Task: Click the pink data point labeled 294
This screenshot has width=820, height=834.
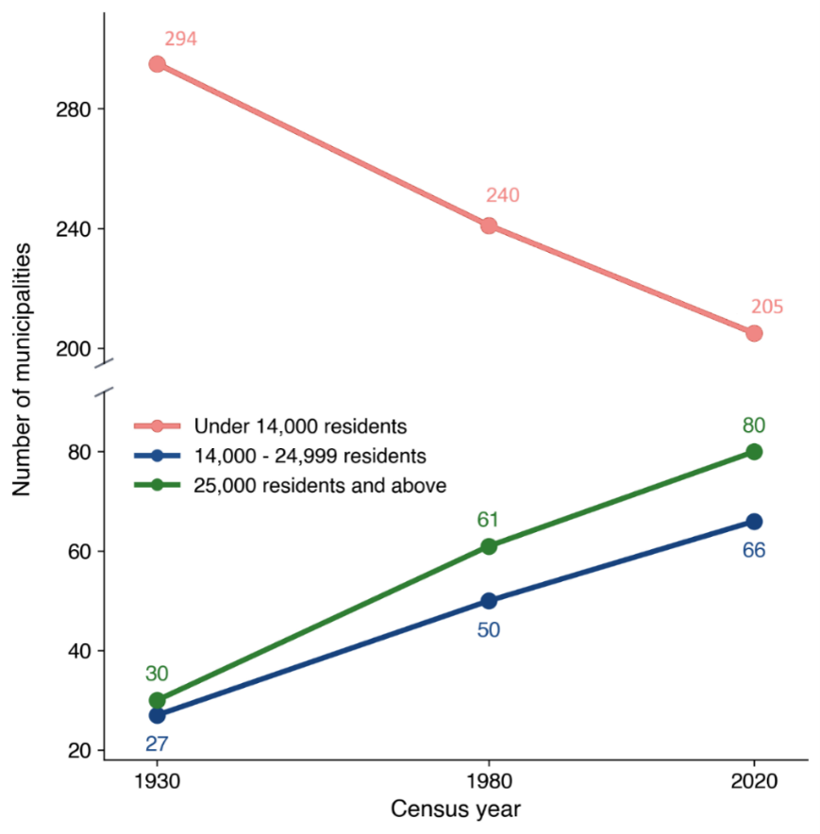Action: point(157,64)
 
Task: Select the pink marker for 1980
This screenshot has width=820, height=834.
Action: point(489,226)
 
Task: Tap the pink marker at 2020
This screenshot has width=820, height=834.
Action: point(754,333)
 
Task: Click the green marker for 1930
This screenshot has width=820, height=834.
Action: point(157,700)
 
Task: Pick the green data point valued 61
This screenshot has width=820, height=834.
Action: point(489,546)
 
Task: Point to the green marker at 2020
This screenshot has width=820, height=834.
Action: point(754,452)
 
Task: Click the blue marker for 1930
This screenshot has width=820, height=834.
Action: point(157,715)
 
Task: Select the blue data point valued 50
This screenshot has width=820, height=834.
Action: point(489,601)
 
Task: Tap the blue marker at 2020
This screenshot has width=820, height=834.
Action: point(754,522)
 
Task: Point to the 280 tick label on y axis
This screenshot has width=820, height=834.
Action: point(74,109)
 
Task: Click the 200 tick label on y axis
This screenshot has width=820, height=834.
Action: point(74,349)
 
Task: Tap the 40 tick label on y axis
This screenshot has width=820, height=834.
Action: point(79,651)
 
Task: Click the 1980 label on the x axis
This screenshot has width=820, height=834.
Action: point(489,781)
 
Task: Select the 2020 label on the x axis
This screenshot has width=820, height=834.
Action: point(754,781)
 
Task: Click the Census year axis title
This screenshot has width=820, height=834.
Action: point(456,809)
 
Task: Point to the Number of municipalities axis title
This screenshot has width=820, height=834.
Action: point(22,370)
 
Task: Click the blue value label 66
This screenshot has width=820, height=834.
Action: point(754,550)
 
